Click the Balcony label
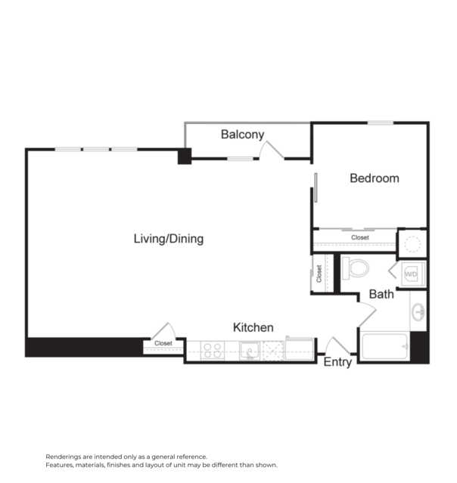[242, 135]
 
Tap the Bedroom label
[374, 178]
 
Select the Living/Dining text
[168, 239]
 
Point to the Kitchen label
[253, 327]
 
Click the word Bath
[381, 294]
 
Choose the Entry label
[337, 362]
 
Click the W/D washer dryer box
[412, 274]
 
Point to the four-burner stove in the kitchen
[213, 351]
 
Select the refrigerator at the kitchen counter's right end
[300, 350]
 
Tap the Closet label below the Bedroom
[360, 237]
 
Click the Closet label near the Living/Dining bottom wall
[163, 343]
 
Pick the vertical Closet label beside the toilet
[319, 274]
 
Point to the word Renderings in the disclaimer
[66, 457]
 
